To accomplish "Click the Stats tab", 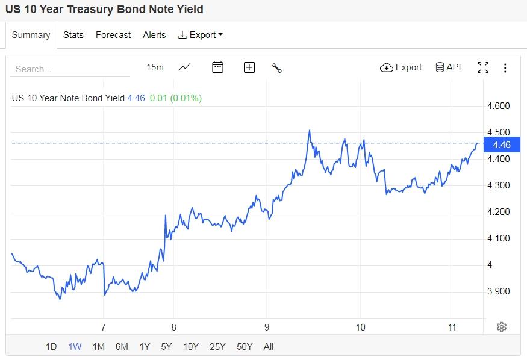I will [x=73, y=35].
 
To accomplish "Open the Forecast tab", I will [x=113, y=35].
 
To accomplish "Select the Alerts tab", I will [x=154, y=35].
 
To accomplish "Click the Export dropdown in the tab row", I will [x=201, y=35].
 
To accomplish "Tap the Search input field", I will [x=69, y=69].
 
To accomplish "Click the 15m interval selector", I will [x=155, y=67].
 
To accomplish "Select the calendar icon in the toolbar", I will [x=218, y=67].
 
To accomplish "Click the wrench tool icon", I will [x=277, y=67].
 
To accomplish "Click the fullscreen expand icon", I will [x=483, y=67].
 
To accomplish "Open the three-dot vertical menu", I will [x=505, y=68].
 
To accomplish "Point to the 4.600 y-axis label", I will [x=499, y=106].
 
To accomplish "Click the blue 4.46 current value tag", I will [x=501, y=145].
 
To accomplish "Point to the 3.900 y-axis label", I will [x=499, y=291].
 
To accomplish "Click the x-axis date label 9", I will [x=266, y=327].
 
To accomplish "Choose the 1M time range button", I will [x=98, y=346].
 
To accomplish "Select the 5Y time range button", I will [x=166, y=346].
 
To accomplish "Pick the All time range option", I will [x=269, y=346].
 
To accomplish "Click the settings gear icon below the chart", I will [x=502, y=327].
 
